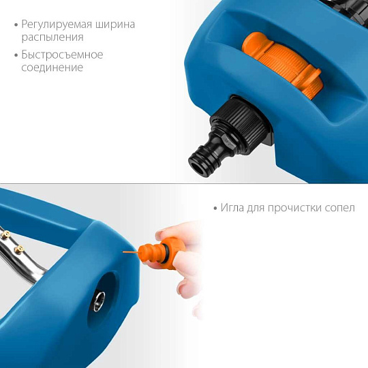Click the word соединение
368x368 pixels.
click(52, 67)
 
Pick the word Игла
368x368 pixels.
click(234, 208)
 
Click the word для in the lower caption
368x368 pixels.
click(260, 208)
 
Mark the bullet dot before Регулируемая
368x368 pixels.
click(16, 25)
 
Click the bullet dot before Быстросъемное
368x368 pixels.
click(16, 55)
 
